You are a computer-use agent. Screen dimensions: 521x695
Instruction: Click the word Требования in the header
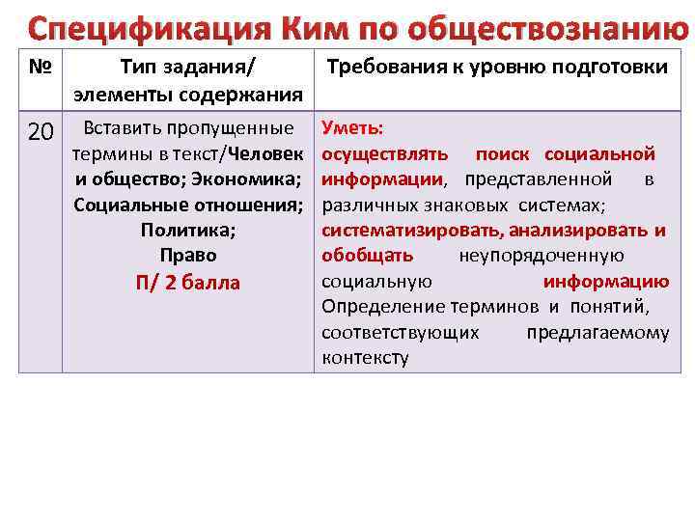click(382, 68)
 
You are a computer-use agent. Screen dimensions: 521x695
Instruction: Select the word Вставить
click(124, 128)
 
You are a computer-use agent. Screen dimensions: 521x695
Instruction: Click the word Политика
click(188, 231)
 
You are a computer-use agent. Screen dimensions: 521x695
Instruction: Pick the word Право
click(188, 256)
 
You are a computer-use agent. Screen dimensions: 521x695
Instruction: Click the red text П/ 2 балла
click(188, 283)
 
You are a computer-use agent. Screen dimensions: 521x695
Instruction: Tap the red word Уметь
click(352, 128)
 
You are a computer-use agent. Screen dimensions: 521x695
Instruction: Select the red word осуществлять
click(384, 154)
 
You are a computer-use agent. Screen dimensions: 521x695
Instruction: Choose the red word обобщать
click(367, 256)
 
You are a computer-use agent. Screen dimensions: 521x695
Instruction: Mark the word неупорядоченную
click(541, 256)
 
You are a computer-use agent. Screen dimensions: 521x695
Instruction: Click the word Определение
click(382, 307)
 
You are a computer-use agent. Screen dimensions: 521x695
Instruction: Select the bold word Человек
click(264, 154)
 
